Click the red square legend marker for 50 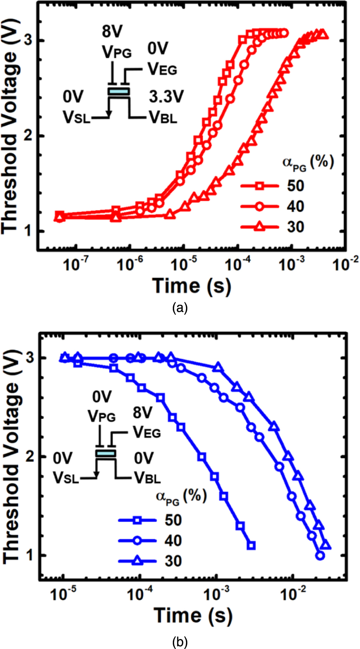[259, 186]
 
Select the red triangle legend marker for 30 [259, 227]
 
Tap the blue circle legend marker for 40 [137, 541]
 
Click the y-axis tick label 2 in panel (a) [28, 136]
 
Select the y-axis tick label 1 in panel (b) [29, 555]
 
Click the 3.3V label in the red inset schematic [166, 97]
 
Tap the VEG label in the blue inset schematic [147, 432]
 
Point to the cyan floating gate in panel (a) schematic [119, 92]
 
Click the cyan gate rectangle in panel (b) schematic [106, 453]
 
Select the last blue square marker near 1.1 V [251, 545]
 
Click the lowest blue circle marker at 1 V [319, 555]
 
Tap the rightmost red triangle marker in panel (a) [323, 35]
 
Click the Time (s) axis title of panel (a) [192, 286]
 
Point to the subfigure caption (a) [179, 308]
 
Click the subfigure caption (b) [179, 642]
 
